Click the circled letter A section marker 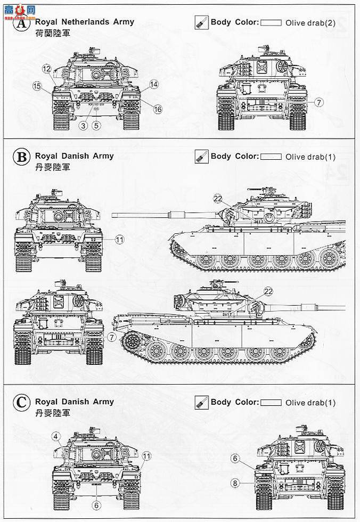21,25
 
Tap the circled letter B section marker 21,158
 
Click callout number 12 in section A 47,68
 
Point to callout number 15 37,86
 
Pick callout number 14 154,84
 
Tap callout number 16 157,109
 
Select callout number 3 83,126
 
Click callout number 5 96,126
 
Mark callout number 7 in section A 318,102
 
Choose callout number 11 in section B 120,240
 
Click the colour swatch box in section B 272,157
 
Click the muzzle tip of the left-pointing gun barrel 113,214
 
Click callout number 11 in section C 147,455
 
